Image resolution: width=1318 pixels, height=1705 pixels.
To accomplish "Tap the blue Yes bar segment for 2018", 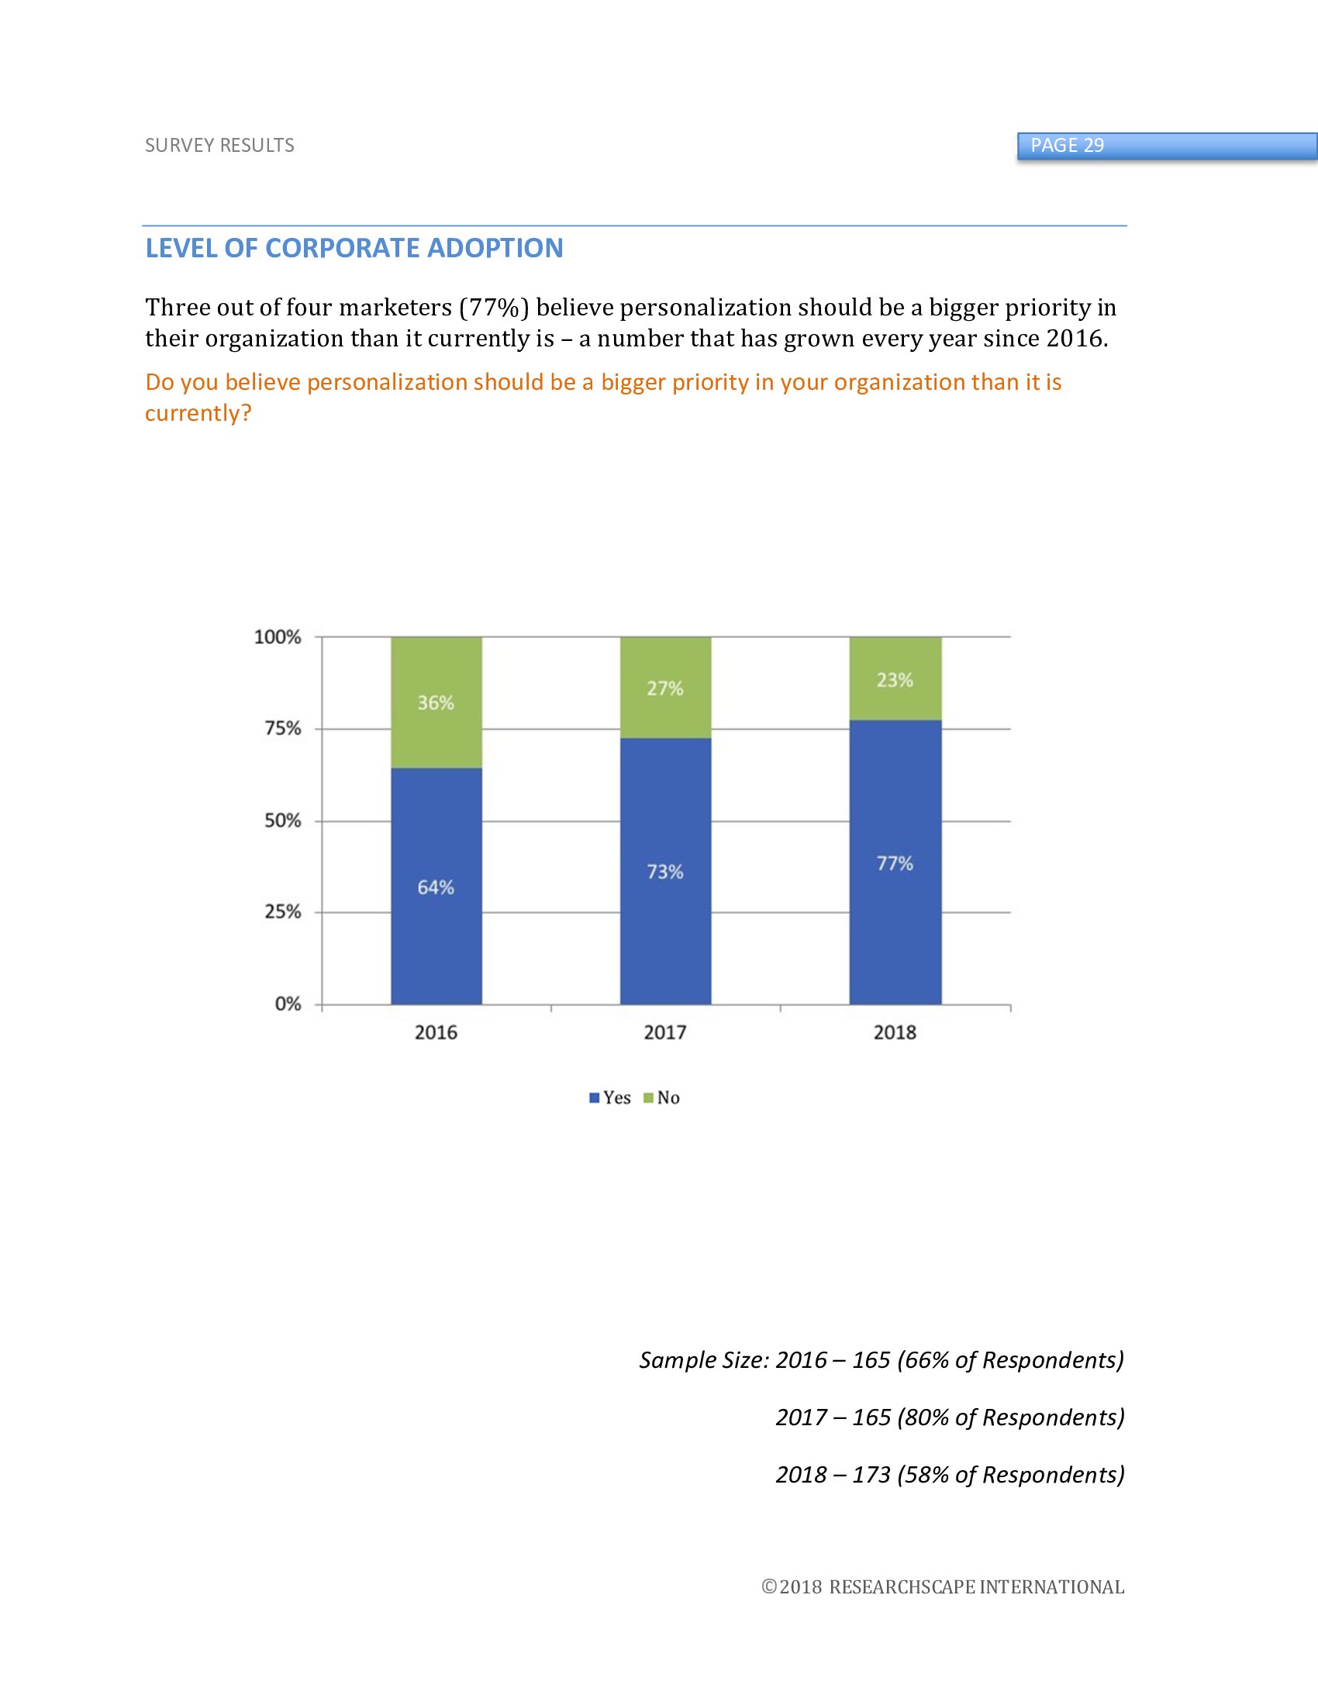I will tap(895, 921).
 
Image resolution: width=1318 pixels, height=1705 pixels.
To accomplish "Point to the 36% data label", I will tap(436, 703).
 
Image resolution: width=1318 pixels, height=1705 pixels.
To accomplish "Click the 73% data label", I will tap(665, 871).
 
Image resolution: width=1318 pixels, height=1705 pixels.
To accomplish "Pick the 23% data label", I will tap(895, 680).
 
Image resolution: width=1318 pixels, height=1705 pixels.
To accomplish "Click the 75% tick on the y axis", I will tap(283, 728).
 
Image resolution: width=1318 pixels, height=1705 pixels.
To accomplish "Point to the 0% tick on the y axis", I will tap(288, 1004).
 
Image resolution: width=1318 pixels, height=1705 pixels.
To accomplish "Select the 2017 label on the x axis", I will tap(665, 1033).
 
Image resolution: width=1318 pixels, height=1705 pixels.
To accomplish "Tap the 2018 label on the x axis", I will tap(895, 1033).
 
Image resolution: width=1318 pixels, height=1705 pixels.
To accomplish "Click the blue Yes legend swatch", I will tap(594, 1098).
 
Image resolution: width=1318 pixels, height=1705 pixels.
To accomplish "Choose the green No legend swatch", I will tap(648, 1098).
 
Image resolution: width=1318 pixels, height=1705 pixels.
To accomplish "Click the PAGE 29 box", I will tap(1167, 146).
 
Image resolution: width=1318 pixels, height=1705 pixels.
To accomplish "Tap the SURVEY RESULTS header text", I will tap(219, 146).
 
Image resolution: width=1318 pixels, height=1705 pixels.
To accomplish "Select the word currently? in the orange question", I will tap(198, 413).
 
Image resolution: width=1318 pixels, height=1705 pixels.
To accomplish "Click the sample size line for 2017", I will tap(950, 1417).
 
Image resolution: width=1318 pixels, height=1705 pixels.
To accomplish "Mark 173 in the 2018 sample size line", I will tap(871, 1475).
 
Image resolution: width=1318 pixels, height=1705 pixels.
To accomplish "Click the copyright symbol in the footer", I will tap(769, 1587).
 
